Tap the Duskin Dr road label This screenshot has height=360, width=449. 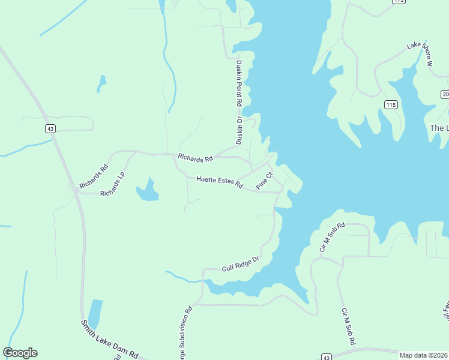coord(239,131)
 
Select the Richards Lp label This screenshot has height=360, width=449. coord(112,185)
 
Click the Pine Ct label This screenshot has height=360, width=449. coord(265,181)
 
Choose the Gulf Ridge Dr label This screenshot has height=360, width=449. coord(240,263)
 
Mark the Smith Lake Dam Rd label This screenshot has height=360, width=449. coord(110,339)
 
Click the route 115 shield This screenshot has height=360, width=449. coord(391,105)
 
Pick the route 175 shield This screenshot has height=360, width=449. coord(399,2)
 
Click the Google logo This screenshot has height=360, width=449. coord(20,353)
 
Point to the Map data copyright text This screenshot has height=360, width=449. coord(423,355)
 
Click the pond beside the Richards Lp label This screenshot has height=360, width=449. coord(148,191)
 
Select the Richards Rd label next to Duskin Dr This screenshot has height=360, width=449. coord(195,159)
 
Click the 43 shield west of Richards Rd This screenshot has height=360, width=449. coord(50,128)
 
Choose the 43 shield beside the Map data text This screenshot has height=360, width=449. coord(326,356)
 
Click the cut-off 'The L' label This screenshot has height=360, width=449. coord(439,128)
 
